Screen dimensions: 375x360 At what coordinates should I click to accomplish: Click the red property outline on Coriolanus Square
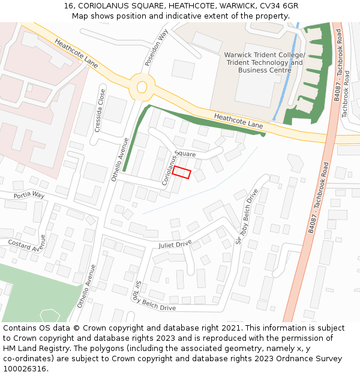[x=182, y=172]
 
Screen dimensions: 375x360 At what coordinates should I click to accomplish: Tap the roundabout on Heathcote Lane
[x=142, y=87]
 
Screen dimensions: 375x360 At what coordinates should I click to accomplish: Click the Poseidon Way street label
[x=155, y=47]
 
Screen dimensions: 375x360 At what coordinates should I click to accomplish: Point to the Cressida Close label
[x=101, y=110]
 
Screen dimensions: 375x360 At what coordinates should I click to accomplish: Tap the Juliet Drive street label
[x=175, y=244]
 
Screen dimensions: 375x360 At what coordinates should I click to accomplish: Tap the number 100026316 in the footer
[x=25, y=368]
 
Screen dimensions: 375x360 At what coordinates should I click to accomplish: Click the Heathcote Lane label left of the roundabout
[x=76, y=53]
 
